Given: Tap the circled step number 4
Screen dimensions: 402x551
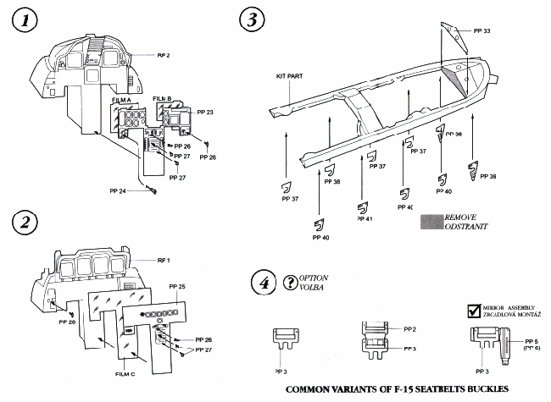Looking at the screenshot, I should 264,282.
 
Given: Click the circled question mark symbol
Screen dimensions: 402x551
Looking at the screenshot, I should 291,282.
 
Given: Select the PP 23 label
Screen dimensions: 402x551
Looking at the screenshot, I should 204,112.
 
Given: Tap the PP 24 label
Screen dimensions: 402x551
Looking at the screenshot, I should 128,192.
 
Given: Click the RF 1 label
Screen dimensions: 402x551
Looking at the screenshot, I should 164,259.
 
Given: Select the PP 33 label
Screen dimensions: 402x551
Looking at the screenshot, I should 480,30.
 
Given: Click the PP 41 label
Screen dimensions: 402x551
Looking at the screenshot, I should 365,218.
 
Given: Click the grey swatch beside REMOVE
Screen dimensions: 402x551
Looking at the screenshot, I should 433,222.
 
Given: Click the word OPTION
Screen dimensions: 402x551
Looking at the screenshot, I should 314,278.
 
